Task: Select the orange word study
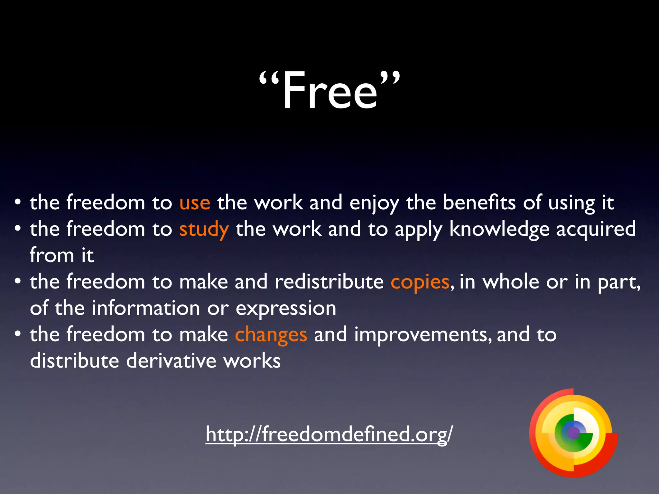click(x=204, y=230)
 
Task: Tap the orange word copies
click(x=420, y=282)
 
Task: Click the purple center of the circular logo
click(x=573, y=433)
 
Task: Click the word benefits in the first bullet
click(x=479, y=203)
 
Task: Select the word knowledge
click(x=499, y=230)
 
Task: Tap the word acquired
click(x=596, y=230)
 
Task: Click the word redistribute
click(x=329, y=282)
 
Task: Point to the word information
click(x=146, y=308)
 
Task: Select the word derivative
click(x=171, y=361)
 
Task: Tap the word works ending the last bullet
click(x=252, y=361)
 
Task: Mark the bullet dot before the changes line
click(x=18, y=334)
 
